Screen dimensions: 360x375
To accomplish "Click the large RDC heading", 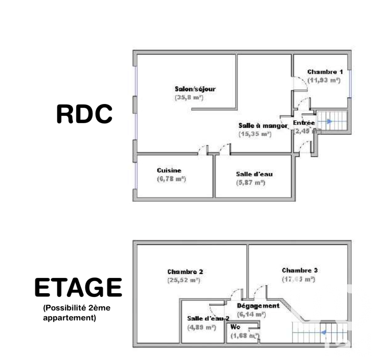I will point(84,114).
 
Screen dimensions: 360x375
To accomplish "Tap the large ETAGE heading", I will point(78,288).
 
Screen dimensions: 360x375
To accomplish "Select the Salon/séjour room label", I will point(195,89).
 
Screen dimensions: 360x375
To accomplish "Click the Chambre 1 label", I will point(322,72).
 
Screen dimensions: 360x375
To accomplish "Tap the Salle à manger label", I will point(263,125).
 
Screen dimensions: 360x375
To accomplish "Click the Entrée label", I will point(304,123).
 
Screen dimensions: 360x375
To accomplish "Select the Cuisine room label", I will point(169,170).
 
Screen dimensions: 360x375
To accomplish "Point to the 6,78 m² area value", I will point(171,179).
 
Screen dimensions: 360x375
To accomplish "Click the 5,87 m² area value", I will point(250,183).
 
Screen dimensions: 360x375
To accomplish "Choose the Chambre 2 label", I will point(185,272).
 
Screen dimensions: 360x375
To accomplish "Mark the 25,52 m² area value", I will point(184,280).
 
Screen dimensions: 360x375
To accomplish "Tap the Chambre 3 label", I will point(300,270).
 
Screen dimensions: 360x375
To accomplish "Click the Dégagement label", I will point(258,306).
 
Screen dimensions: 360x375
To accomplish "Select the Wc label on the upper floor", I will point(235,327).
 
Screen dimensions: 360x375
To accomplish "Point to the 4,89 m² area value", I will point(202,327).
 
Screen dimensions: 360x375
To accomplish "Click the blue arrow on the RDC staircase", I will point(329,121).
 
